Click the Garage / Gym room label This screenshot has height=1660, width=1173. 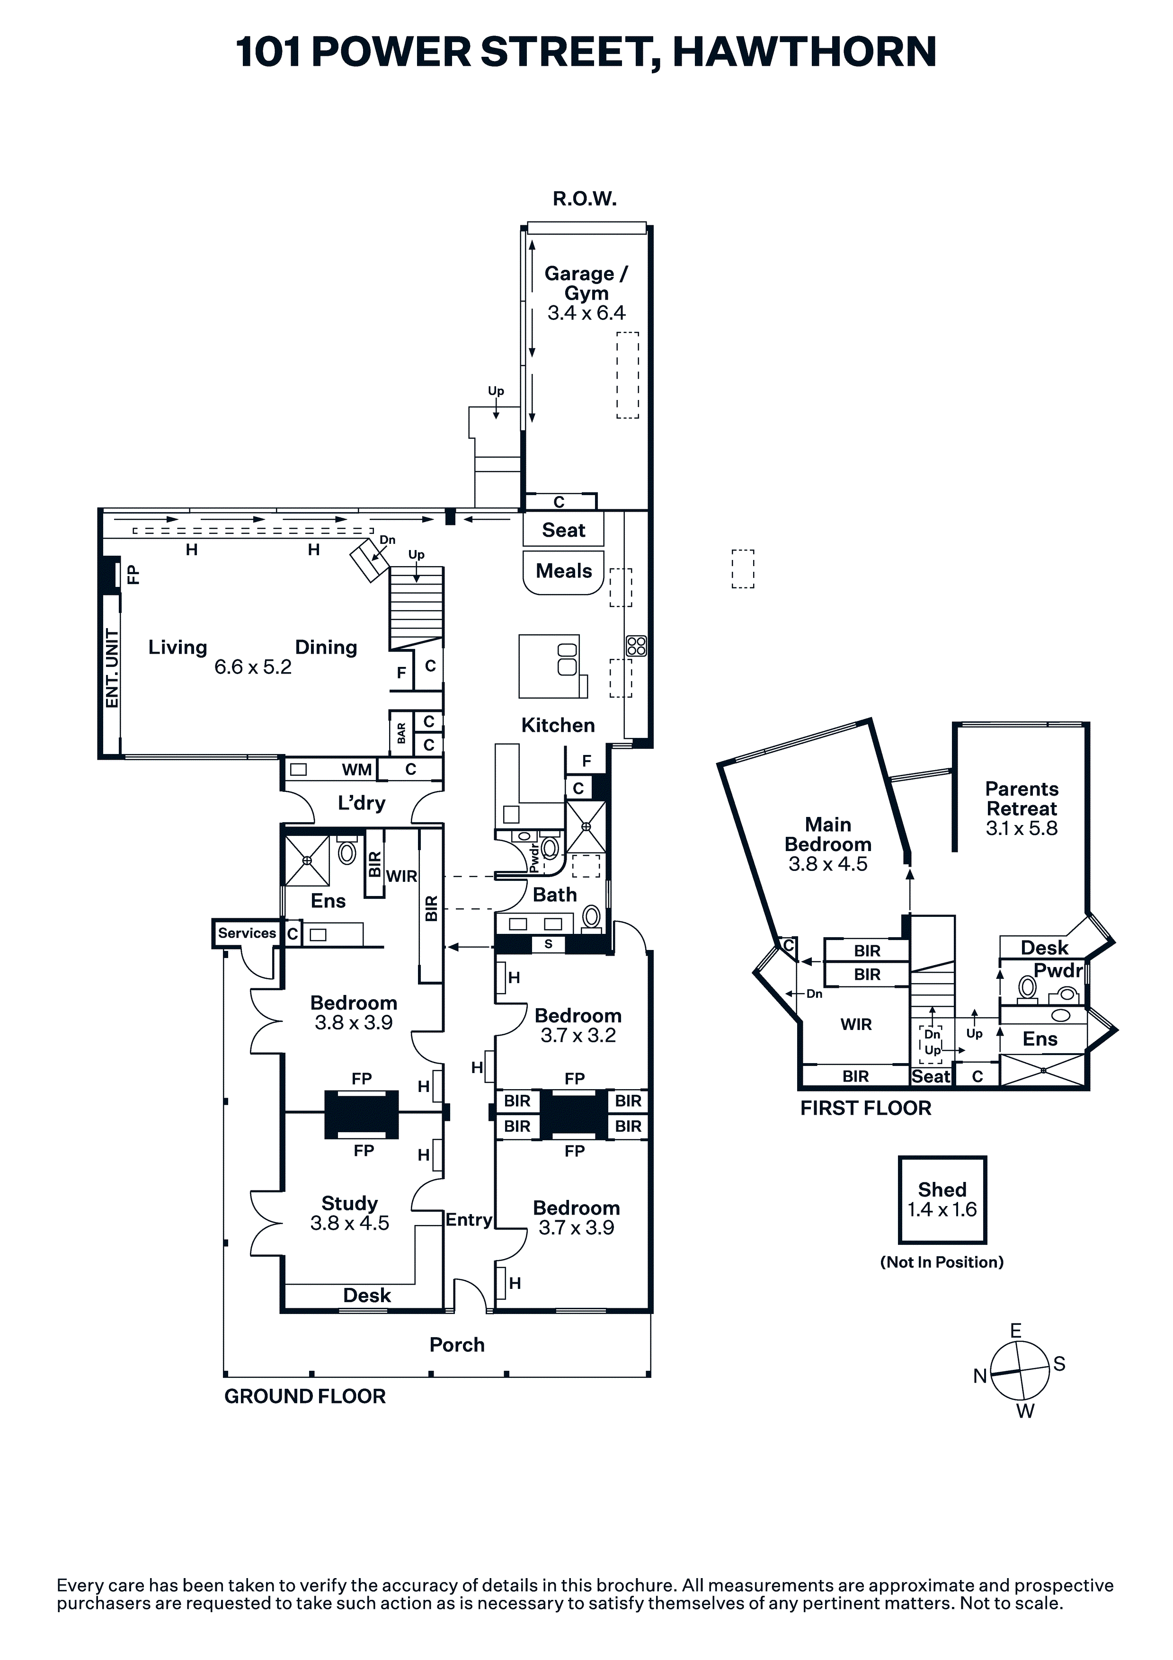pos(586,284)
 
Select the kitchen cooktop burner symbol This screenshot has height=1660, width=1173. pos(636,646)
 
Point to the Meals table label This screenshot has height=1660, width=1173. pos(563,571)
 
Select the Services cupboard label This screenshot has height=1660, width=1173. pos(247,932)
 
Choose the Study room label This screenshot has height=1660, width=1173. pos(350,1203)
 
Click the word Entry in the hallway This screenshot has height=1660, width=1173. pos(469,1220)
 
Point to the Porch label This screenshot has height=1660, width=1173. pos(457,1345)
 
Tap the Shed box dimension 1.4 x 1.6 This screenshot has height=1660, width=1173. pos(942,1209)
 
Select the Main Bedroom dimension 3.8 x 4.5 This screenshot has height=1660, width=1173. pos(828,864)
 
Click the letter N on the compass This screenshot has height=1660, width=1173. pos(980,1376)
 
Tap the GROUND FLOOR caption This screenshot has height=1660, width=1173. pos(305,1396)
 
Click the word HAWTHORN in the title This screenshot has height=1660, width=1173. pos(804,52)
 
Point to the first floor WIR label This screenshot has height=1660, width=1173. pos(856,1024)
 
